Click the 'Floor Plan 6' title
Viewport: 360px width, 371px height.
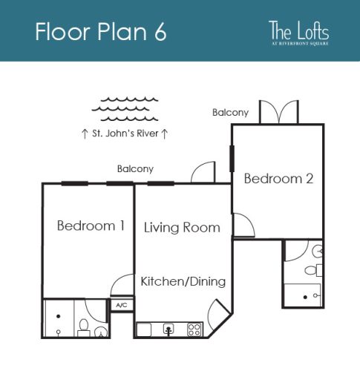point(100,33)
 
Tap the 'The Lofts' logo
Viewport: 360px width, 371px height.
point(298,33)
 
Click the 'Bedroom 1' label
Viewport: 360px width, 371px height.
point(91,226)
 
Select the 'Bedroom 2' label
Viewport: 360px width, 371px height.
point(278,179)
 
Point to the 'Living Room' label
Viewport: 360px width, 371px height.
point(182,227)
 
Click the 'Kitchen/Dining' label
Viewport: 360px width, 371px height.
point(183,282)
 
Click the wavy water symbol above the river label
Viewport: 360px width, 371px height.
point(124,109)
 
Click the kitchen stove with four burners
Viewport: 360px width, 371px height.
point(195,328)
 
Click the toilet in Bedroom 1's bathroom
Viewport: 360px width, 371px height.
point(85,326)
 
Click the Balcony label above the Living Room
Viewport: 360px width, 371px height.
point(135,169)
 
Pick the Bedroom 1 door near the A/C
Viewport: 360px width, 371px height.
point(122,284)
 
